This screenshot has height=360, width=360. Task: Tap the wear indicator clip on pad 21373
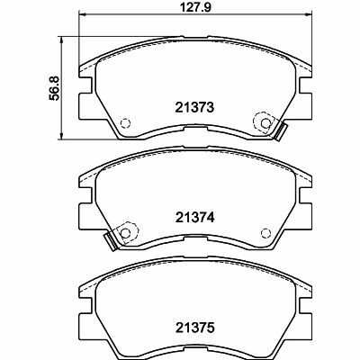click(277, 130)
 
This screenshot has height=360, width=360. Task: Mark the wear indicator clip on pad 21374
click(112, 240)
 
